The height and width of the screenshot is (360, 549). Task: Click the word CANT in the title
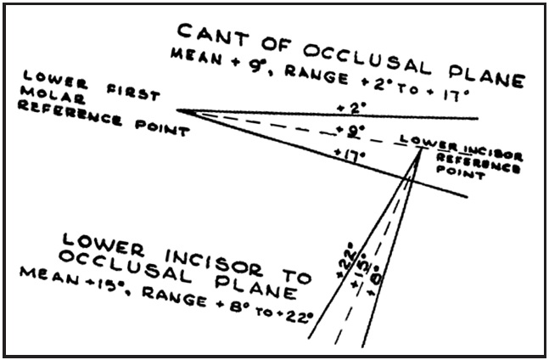pos(213,35)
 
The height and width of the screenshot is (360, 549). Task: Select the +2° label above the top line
pos(351,108)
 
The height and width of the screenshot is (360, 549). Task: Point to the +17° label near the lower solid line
pos(350,155)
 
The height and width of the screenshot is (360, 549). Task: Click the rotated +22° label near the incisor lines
pos(347,260)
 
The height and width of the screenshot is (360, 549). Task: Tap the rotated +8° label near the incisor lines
pos(375,281)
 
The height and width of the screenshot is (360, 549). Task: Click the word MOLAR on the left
pos(53,95)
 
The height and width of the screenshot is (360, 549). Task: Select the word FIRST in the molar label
pos(133,92)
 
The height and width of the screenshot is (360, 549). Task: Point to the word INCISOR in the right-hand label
pos(493,155)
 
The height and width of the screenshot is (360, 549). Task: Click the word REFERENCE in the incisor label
pos(479,163)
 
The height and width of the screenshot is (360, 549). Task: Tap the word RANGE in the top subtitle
pos(317,75)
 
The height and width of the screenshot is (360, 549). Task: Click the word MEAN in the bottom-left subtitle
pos(50,277)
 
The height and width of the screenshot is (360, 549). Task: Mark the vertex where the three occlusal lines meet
pos(177,110)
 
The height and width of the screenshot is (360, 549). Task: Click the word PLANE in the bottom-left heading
pos(256,287)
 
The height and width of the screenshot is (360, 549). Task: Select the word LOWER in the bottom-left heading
pos(104,245)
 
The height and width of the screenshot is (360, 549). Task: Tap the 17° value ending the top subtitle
pos(456,95)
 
